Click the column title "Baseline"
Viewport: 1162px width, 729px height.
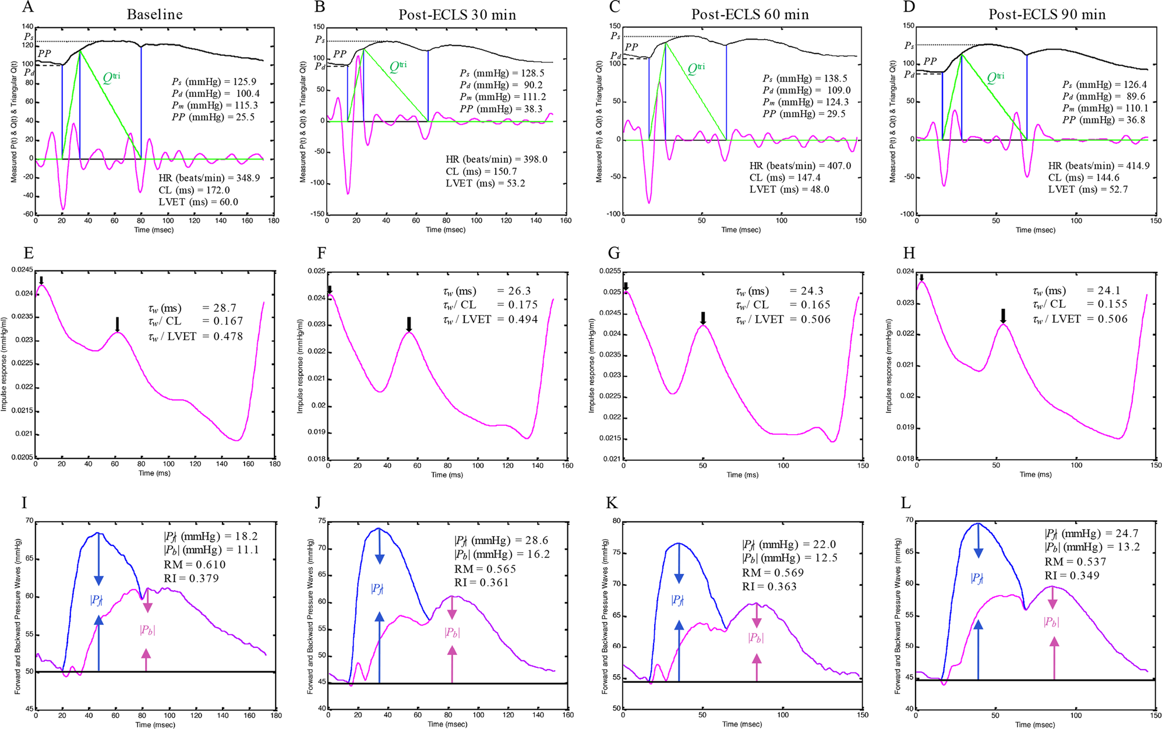pyautogui.click(x=154, y=14)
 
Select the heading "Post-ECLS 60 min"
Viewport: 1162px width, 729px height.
pyautogui.click(x=750, y=14)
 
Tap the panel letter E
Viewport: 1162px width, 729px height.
pyautogui.click(x=29, y=253)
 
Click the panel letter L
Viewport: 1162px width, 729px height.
pyautogui.click(x=906, y=503)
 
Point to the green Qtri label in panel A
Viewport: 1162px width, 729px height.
pyautogui.click(x=111, y=78)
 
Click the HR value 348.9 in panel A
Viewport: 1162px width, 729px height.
pyautogui.click(x=248, y=178)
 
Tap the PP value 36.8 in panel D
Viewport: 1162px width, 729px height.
pyautogui.click(x=1135, y=119)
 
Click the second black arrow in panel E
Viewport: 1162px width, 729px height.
pyautogui.click(x=118, y=324)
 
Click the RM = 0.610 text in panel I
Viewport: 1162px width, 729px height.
pyautogui.click(x=195, y=564)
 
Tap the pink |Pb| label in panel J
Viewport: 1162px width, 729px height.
pyautogui.click(x=452, y=632)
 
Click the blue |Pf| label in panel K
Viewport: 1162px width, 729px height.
pyautogui.click(x=678, y=600)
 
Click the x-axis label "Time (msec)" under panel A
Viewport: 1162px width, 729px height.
pyautogui.click(x=154, y=230)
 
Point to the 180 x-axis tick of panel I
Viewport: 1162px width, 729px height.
pyautogui.click(x=276, y=715)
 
